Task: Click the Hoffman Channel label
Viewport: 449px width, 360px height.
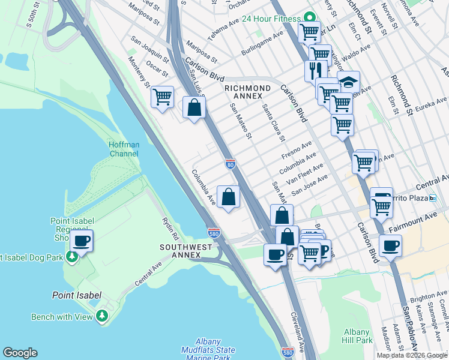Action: (x=123, y=149)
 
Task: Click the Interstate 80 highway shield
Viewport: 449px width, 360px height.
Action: (x=230, y=163)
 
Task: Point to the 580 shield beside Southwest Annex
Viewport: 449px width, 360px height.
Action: (x=213, y=232)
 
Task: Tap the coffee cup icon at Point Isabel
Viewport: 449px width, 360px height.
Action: (x=81, y=241)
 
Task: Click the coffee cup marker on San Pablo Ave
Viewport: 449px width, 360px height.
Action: (x=390, y=245)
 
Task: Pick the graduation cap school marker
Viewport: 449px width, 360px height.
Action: (x=349, y=81)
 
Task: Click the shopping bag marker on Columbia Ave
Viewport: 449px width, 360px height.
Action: (x=228, y=196)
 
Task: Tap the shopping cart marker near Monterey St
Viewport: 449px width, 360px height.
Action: (x=162, y=96)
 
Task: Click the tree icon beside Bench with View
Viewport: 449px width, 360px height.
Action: (x=103, y=315)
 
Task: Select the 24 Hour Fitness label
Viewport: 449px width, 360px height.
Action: (x=271, y=18)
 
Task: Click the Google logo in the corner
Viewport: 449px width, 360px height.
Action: (x=20, y=353)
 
